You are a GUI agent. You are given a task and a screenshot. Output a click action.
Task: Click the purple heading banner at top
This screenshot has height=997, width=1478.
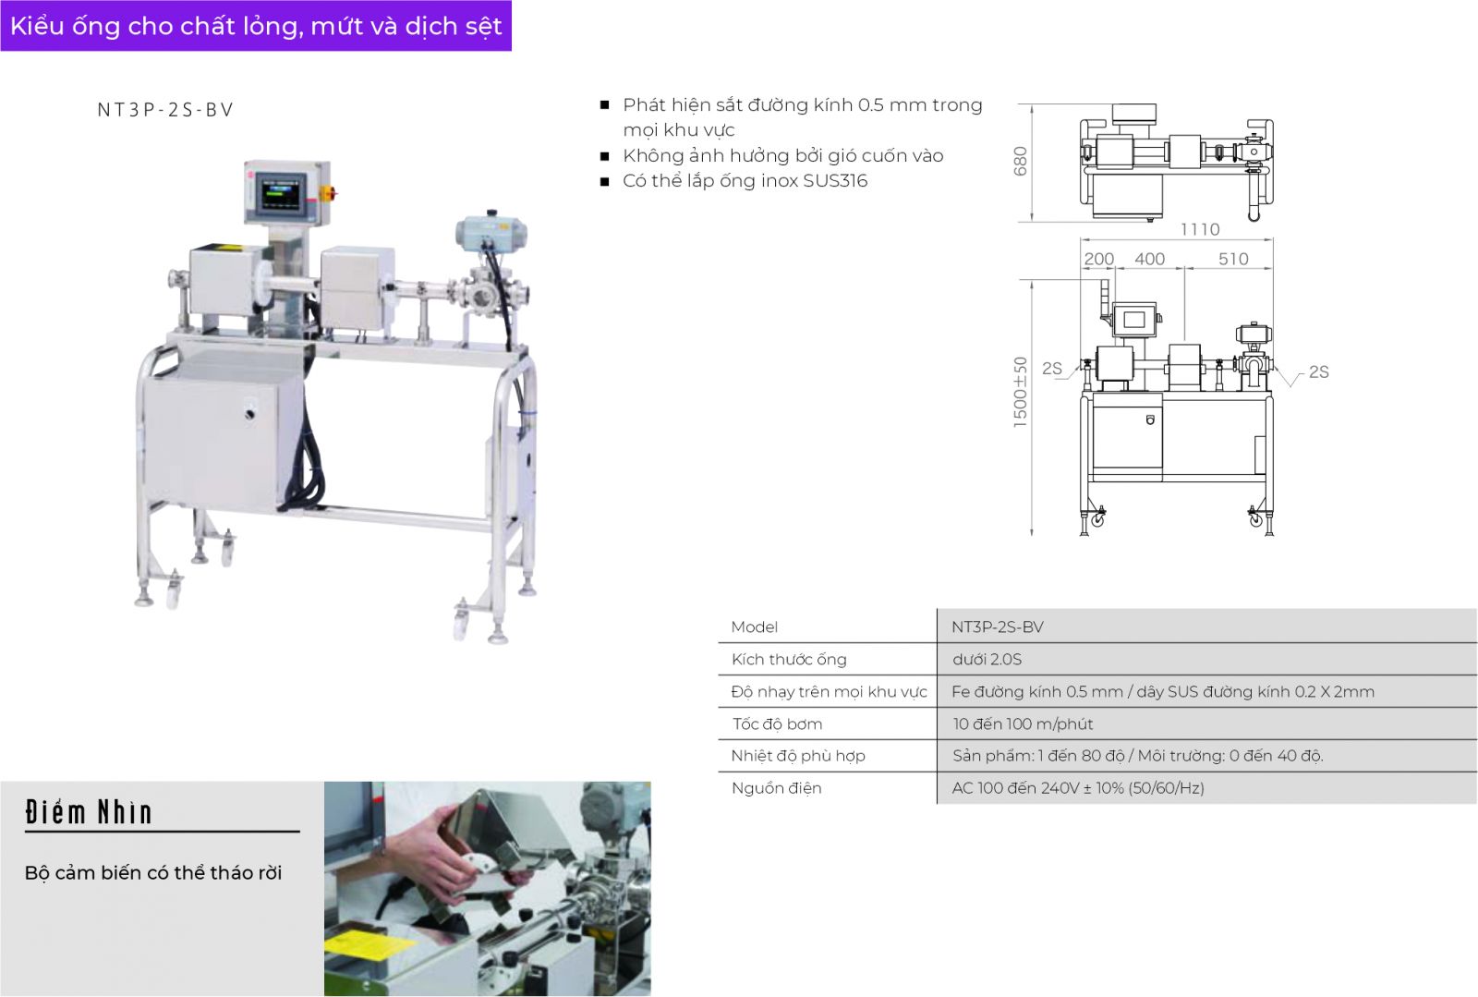(x=256, y=26)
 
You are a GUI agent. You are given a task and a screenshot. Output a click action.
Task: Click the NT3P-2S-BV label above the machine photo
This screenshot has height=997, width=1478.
(x=165, y=110)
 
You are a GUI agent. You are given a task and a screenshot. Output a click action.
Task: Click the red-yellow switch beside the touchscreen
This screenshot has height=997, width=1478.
(x=326, y=193)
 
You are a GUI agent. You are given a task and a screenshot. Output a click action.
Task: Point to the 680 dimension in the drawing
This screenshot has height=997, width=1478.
(x=1020, y=162)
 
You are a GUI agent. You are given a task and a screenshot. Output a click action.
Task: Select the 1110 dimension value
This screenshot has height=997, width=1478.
(x=1200, y=229)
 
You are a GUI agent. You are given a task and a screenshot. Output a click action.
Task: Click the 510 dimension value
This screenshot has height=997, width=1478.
(x=1233, y=260)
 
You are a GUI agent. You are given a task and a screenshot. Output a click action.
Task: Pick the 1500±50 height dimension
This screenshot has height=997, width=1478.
(x=1020, y=392)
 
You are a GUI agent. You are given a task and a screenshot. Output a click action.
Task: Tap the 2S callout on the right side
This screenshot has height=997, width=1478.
(x=1318, y=372)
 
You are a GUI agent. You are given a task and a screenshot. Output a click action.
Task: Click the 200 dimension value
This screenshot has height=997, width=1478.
(x=1098, y=260)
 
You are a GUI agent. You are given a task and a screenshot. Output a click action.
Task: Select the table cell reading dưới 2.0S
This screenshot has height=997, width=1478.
(x=987, y=660)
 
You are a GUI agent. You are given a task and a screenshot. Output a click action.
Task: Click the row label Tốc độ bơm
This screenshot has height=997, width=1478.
(x=777, y=724)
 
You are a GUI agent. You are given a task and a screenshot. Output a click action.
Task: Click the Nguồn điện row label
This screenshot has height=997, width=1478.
(x=776, y=788)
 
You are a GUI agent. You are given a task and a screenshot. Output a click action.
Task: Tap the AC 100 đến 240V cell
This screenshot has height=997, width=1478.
(x=1078, y=788)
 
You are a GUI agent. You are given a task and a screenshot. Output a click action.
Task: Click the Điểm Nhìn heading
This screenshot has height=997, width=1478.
(x=89, y=812)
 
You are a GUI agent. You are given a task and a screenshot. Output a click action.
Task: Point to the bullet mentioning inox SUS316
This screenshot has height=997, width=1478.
(x=745, y=181)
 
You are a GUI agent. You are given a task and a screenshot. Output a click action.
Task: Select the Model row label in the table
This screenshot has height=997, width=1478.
(x=754, y=627)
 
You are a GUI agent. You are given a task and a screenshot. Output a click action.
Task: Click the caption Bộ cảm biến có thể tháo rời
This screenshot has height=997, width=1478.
(x=153, y=873)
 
